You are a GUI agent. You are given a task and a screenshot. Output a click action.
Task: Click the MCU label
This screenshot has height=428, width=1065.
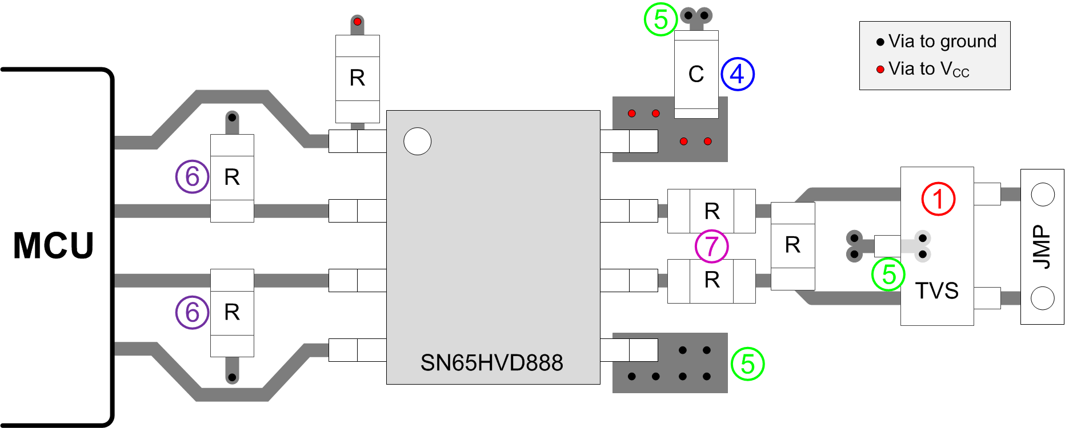pyautogui.click(x=53, y=246)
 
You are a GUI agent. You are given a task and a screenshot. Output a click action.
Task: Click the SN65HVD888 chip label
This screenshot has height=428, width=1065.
pyautogui.click(x=491, y=363)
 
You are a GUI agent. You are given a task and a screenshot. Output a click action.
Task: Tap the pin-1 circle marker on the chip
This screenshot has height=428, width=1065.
pyautogui.click(x=417, y=141)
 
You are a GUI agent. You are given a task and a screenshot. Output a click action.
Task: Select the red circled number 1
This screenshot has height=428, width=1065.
pyautogui.click(x=938, y=199)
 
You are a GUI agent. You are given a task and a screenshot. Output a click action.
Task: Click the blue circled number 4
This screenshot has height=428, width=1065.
pyautogui.click(x=738, y=74)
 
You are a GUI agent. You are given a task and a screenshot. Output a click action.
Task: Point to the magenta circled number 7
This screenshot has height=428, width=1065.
pyautogui.click(x=711, y=247)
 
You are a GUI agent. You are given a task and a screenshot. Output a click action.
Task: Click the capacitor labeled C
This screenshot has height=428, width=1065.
pyautogui.click(x=696, y=74)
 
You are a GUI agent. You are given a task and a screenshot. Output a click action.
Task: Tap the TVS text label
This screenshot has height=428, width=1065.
pyautogui.click(x=936, y=290)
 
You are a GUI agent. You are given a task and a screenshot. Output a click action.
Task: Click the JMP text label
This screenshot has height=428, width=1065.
pyautogui.click(x=1042, y=247)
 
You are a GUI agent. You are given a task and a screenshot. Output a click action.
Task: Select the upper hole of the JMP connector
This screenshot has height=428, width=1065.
pyautogui.click(x=1042, y=195)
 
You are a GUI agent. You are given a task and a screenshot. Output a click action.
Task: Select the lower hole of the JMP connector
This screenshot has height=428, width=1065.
pyautogui.click(x=1042, y=298)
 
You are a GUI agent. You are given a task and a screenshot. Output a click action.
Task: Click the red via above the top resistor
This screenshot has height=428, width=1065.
pyautogui.click(x=357, y=22)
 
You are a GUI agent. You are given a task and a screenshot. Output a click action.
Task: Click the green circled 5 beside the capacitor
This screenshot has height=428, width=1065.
pyautogui.click(x=660, y=19)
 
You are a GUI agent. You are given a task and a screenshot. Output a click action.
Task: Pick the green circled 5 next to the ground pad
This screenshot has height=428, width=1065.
pyautogui.click(x=747, y=364)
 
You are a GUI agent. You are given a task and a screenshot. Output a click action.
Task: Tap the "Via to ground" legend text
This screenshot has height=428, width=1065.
pyautogui.click(x=942, y=41)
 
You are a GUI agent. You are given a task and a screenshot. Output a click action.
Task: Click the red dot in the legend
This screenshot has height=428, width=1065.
pyautogui.click(x=880, y=70)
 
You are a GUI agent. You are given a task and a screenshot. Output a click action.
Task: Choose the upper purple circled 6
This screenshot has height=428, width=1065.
pyautogui.click(x=192, y=177)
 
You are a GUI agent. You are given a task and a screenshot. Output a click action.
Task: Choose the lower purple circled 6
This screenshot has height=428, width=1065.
pyautogui.click(x=192, y=312)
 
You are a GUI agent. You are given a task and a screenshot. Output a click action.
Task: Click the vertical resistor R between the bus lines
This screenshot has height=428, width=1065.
pyautogui.click(x=792, y=245)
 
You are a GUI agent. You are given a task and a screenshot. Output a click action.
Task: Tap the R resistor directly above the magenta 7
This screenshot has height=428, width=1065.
pyautogui.click(x=711, y=211)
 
